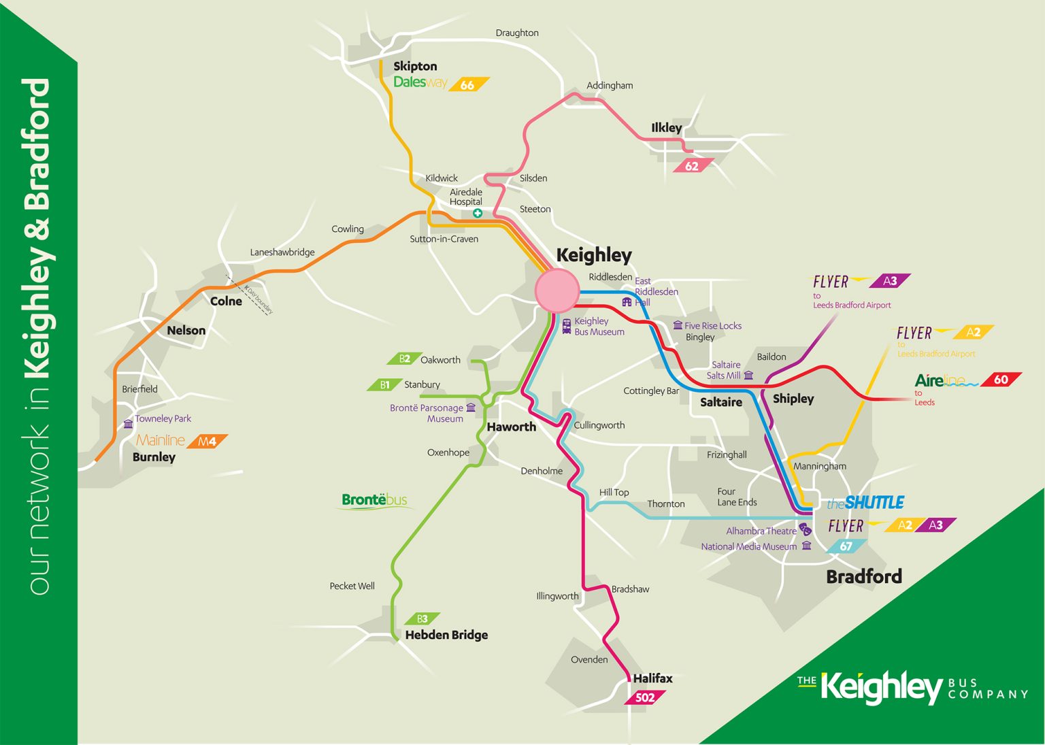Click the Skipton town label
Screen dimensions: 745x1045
click(x=415, y=66)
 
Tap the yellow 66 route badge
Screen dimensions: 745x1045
click(x=467, y=85)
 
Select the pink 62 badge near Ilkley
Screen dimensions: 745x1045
click(x=692, y=166)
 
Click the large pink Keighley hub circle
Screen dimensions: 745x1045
click(x=557, y=291)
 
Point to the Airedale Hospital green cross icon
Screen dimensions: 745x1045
click(x=478, y=214)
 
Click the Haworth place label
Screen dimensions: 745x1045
click(x=511, y=427)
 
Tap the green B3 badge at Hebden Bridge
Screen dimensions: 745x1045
click(x=422, y=618)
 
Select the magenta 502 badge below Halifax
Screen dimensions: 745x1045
click(x=644, y=697)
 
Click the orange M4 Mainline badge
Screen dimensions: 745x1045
click(x=207, y=442)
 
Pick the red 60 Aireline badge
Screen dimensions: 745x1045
click(x=1001, y=380)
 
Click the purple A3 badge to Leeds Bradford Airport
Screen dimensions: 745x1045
click(x=890, y=281)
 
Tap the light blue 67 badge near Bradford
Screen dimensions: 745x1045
click(x=846, y=546)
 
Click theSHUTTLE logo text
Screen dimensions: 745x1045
click(x=865, y=503)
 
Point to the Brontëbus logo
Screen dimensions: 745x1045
click(x=375, y=501)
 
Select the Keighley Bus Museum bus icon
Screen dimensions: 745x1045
click(x=567, y=326)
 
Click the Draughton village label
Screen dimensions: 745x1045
click(x=517, y=33)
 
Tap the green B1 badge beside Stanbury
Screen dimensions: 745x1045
click(x=384, y=384)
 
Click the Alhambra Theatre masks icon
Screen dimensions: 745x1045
click(x=805, y=529)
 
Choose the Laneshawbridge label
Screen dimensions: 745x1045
click(x=282, y=252)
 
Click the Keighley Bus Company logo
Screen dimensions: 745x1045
click(x=912, y=687)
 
